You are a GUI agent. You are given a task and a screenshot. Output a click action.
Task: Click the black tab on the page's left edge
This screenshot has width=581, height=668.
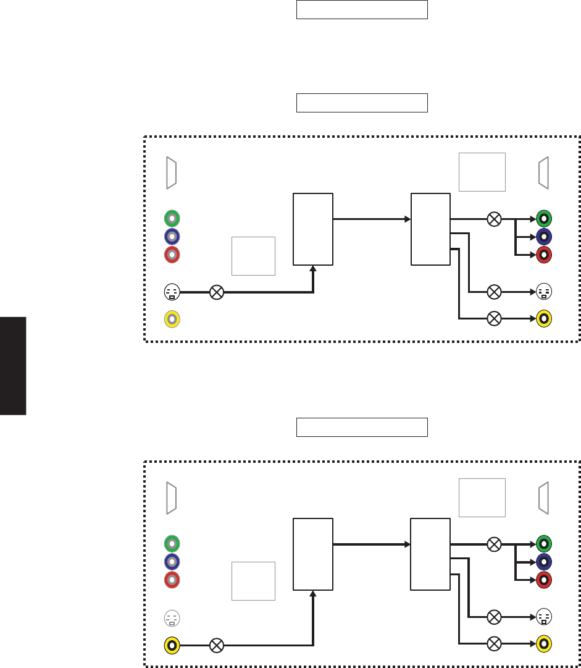(13, 366)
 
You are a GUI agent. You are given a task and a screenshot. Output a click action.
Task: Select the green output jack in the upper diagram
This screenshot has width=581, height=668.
(544, 218)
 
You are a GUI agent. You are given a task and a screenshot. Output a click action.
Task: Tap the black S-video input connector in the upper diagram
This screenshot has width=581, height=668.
(172, 292)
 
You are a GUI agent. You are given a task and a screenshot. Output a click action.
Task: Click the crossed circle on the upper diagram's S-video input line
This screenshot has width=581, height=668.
(217, 292)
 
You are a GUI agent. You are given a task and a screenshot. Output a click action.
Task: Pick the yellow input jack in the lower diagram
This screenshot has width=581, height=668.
(172, 646)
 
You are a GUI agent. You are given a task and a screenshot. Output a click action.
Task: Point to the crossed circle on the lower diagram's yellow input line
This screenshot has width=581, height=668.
(217, 646)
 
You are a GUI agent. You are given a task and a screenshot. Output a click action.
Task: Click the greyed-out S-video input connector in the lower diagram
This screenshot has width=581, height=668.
(172, 617)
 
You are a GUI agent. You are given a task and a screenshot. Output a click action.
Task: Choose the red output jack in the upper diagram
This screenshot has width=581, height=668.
(544, 255)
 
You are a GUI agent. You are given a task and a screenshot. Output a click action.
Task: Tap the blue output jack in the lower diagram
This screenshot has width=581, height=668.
(544, 562)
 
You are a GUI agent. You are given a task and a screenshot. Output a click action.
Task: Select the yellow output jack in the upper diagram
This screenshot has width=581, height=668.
(544, 319)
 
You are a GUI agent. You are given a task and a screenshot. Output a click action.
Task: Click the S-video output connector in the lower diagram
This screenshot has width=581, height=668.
(544, 617)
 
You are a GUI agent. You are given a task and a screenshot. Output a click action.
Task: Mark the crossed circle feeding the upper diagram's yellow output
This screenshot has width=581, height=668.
(494, 319)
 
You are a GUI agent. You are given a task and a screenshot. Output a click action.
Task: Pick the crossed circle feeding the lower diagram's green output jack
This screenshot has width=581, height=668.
(494, 544)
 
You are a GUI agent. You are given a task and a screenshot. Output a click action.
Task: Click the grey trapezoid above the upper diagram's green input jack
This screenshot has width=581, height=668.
(172, 173)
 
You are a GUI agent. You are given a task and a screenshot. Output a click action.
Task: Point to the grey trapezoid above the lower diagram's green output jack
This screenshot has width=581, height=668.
(544, 499)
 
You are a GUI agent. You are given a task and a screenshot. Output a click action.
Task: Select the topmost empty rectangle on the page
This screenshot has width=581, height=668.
(362, 10)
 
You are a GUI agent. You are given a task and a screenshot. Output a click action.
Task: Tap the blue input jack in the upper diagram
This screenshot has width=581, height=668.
(172, 237)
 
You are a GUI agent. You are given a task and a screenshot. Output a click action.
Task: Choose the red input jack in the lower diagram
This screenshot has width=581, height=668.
(172, 580)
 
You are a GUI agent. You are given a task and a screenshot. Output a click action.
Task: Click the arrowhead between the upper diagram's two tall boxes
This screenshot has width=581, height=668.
(408, 219)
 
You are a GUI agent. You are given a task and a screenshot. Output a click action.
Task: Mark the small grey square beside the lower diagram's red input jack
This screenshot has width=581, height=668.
(253, 581)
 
